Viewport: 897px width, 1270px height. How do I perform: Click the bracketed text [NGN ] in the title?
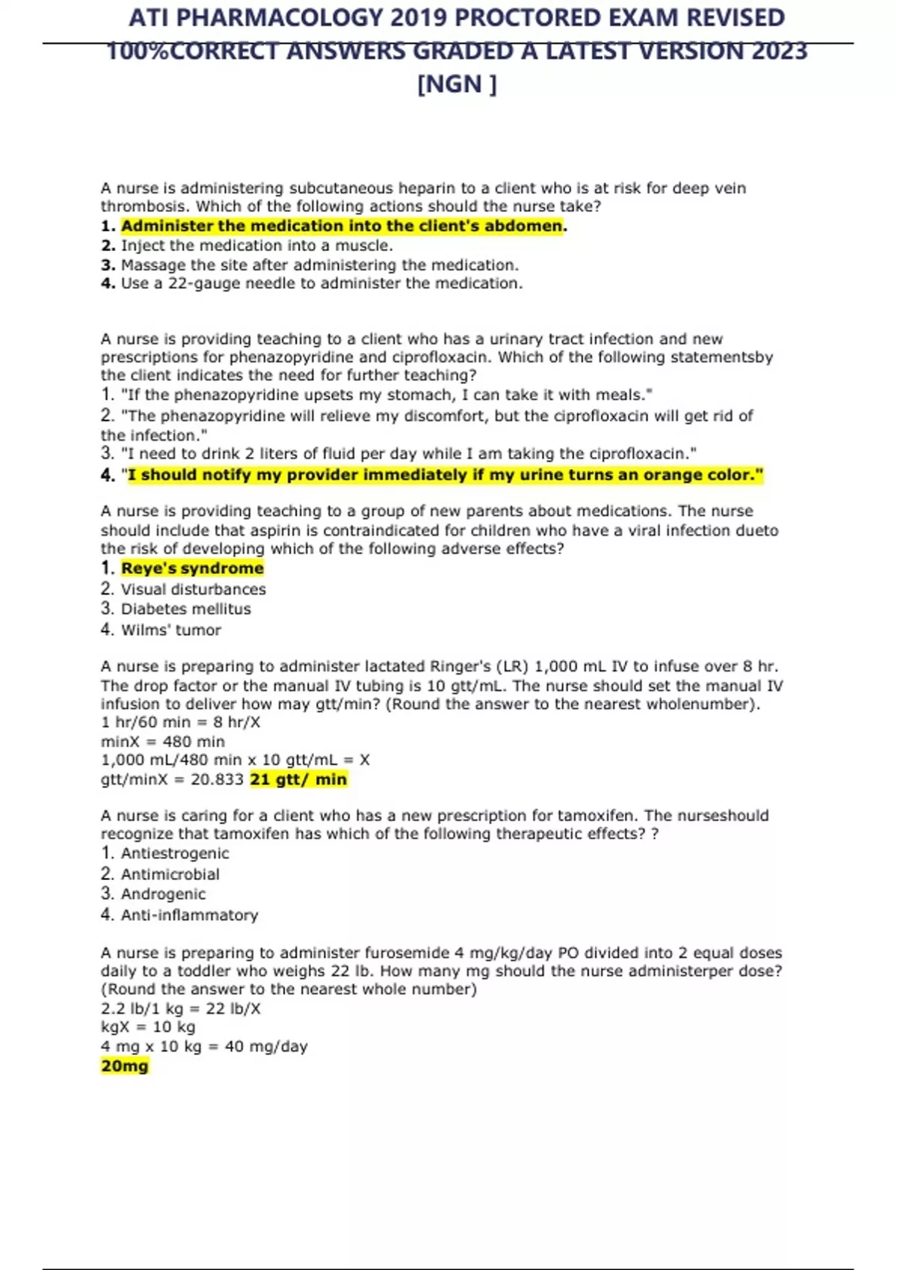click(456, 84)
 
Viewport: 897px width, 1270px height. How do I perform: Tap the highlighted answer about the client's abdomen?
click(342, 226)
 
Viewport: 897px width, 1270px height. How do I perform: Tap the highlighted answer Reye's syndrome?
click(192, 568)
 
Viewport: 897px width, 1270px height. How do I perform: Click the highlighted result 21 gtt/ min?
click(298, 779)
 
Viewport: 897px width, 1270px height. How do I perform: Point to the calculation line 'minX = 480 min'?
click(163, 741)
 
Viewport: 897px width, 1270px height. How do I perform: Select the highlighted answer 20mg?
click(125, 1065)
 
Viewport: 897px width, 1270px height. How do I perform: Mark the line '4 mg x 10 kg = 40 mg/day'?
click(204, 1046)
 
